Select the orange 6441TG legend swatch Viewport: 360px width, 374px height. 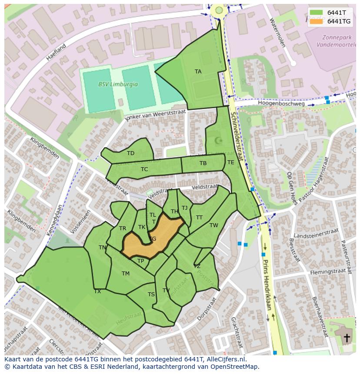[x=317, y=21]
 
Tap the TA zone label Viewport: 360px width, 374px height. [x=198, y=72]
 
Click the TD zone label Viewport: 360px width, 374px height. [x=130, y=153]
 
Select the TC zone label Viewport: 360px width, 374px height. [x=144, y=169]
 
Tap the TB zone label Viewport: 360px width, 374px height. [x=203, y=163]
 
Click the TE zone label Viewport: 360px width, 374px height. [x=230, y=162]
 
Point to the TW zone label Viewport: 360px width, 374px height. [x=213, y=225]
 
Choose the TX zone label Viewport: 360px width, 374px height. [x=97, y=291]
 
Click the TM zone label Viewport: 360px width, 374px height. [x=126, y=274]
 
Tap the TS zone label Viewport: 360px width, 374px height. [x=151, y=295]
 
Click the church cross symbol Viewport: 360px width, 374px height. [x=347, y=338]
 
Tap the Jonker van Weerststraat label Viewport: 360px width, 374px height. [x=155, y=116]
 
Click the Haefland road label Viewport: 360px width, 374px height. [x=57, y=52]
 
